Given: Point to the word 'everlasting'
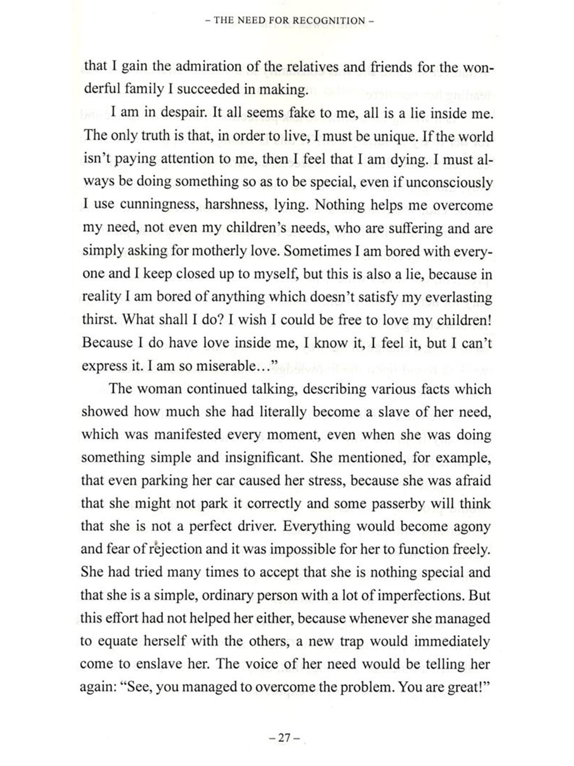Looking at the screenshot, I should click(x=455, y=297).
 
